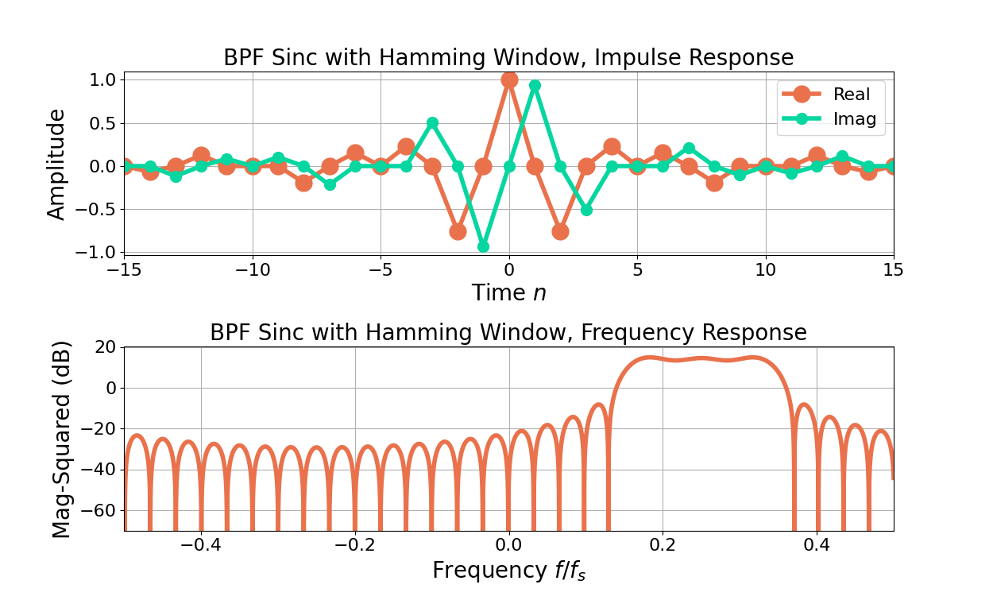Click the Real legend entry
click(851, 95)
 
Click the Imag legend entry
click(854, 119)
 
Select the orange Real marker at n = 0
click(509, 79)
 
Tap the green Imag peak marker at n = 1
click(535, 85)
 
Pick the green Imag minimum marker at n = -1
click(483, 246)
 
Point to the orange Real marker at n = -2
click(458, 231)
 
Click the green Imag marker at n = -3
click(432, 123)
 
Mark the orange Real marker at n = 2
click(560, 231)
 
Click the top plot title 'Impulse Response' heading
click(508, 58)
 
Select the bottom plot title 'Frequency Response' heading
click(508, 333)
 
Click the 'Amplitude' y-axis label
click(56, 164)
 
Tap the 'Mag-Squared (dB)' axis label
click(62, 439)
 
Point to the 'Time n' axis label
click(508, 293)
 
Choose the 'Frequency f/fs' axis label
click(508, 570)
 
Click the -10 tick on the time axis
click(252, 269)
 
